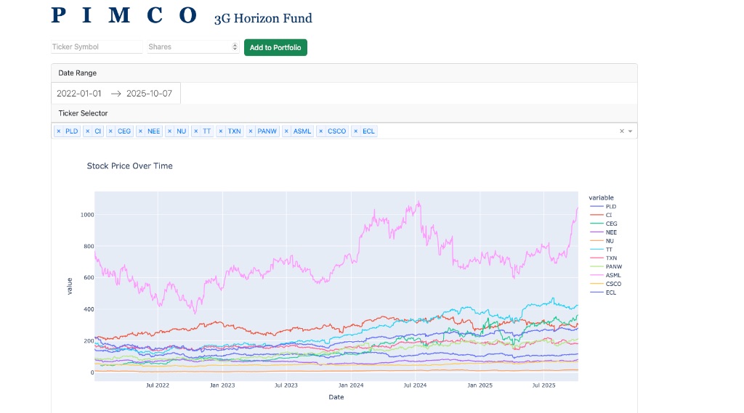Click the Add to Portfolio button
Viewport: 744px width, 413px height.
click(275, 47)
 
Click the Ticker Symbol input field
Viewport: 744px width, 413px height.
click(97, 46)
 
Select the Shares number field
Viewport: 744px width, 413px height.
click(189, 46)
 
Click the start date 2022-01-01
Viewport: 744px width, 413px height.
click(79, 94)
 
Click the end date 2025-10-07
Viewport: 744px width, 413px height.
click(149, 94)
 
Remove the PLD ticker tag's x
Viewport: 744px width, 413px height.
click(59, 131)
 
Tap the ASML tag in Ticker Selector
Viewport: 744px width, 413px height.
click(302, 131)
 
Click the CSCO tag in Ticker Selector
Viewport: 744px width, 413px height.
click(336, 131)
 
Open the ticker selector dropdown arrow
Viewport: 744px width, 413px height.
click(630, 131)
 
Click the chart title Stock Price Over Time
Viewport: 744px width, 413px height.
click(129, 165)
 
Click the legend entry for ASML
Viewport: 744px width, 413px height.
click(612, 275)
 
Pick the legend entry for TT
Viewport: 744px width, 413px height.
click(609, 249)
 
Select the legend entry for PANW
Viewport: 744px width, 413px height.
click(613, 266)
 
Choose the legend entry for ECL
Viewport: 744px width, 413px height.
click(610, 293)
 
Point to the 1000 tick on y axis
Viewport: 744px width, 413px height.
click(87, 215)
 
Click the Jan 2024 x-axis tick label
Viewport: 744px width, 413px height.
click(351, 385)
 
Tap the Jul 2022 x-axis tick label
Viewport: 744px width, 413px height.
click(158, 385)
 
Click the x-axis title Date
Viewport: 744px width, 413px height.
click(336, 397)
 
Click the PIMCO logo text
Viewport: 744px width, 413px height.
click(124, 15)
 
